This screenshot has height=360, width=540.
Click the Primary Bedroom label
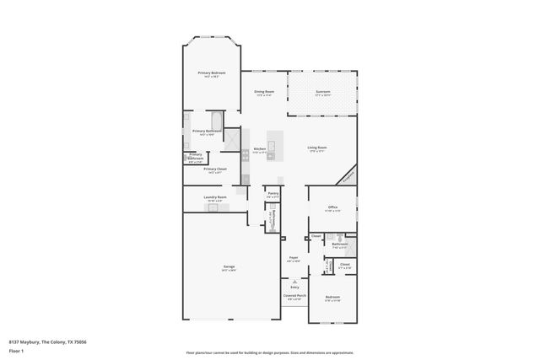pyautogui.click(x=213, y=73)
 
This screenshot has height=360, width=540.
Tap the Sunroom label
pyautogui.click(x=323, y=91)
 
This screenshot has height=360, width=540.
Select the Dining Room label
pyautogui.click(x=264, y=91)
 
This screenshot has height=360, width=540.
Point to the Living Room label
pyautogui.click(x=317, y=148)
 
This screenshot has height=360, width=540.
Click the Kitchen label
pyautogui.click(x=260, y=148)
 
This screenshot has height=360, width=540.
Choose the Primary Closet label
pyautogui.click(x=215, y=169)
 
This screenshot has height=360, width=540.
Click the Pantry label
pyautogui.click(x=273, y=193)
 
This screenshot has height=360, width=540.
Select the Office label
pyautogui.click(x=333, y=207)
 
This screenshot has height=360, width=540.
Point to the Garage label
pyautogui.click(x=229, y=267)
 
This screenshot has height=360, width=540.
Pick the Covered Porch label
pyautogui.click(x=294, y=296)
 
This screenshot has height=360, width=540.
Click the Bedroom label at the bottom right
pyautogui.click(x=333, y=297)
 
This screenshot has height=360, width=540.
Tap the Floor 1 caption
pyautogui.click(x=16, y=352)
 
